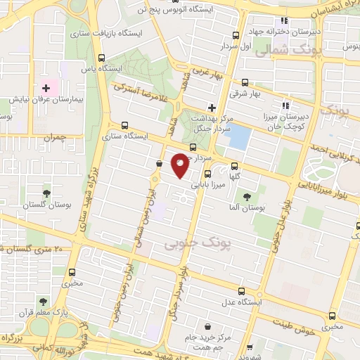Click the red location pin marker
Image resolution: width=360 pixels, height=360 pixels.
(180, 165)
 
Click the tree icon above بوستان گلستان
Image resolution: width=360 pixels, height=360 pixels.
(46, 192)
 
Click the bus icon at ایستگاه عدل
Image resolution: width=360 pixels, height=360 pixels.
(242, 291)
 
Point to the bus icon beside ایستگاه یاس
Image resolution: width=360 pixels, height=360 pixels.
(103, 58)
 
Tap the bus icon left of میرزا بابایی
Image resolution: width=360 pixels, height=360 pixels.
(207, 175)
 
